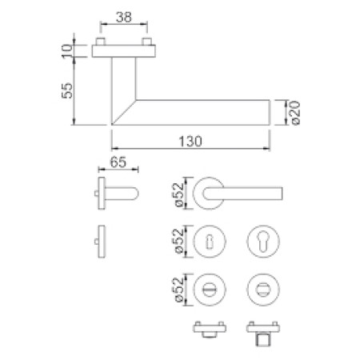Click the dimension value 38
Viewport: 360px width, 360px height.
(124, 17)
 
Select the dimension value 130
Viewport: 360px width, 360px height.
(190, 142)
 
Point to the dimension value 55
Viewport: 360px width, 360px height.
(67, 90)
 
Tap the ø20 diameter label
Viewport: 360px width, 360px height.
(294, 113)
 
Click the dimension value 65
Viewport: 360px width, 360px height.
(118, 162)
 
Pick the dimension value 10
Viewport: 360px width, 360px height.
(67, 51)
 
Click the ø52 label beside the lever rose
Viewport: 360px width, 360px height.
(179, 194)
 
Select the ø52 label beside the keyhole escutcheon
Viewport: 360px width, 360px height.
(179, 242)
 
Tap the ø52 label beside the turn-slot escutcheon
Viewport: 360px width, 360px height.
(179, 290)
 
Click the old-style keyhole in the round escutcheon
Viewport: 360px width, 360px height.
(210, 242)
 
